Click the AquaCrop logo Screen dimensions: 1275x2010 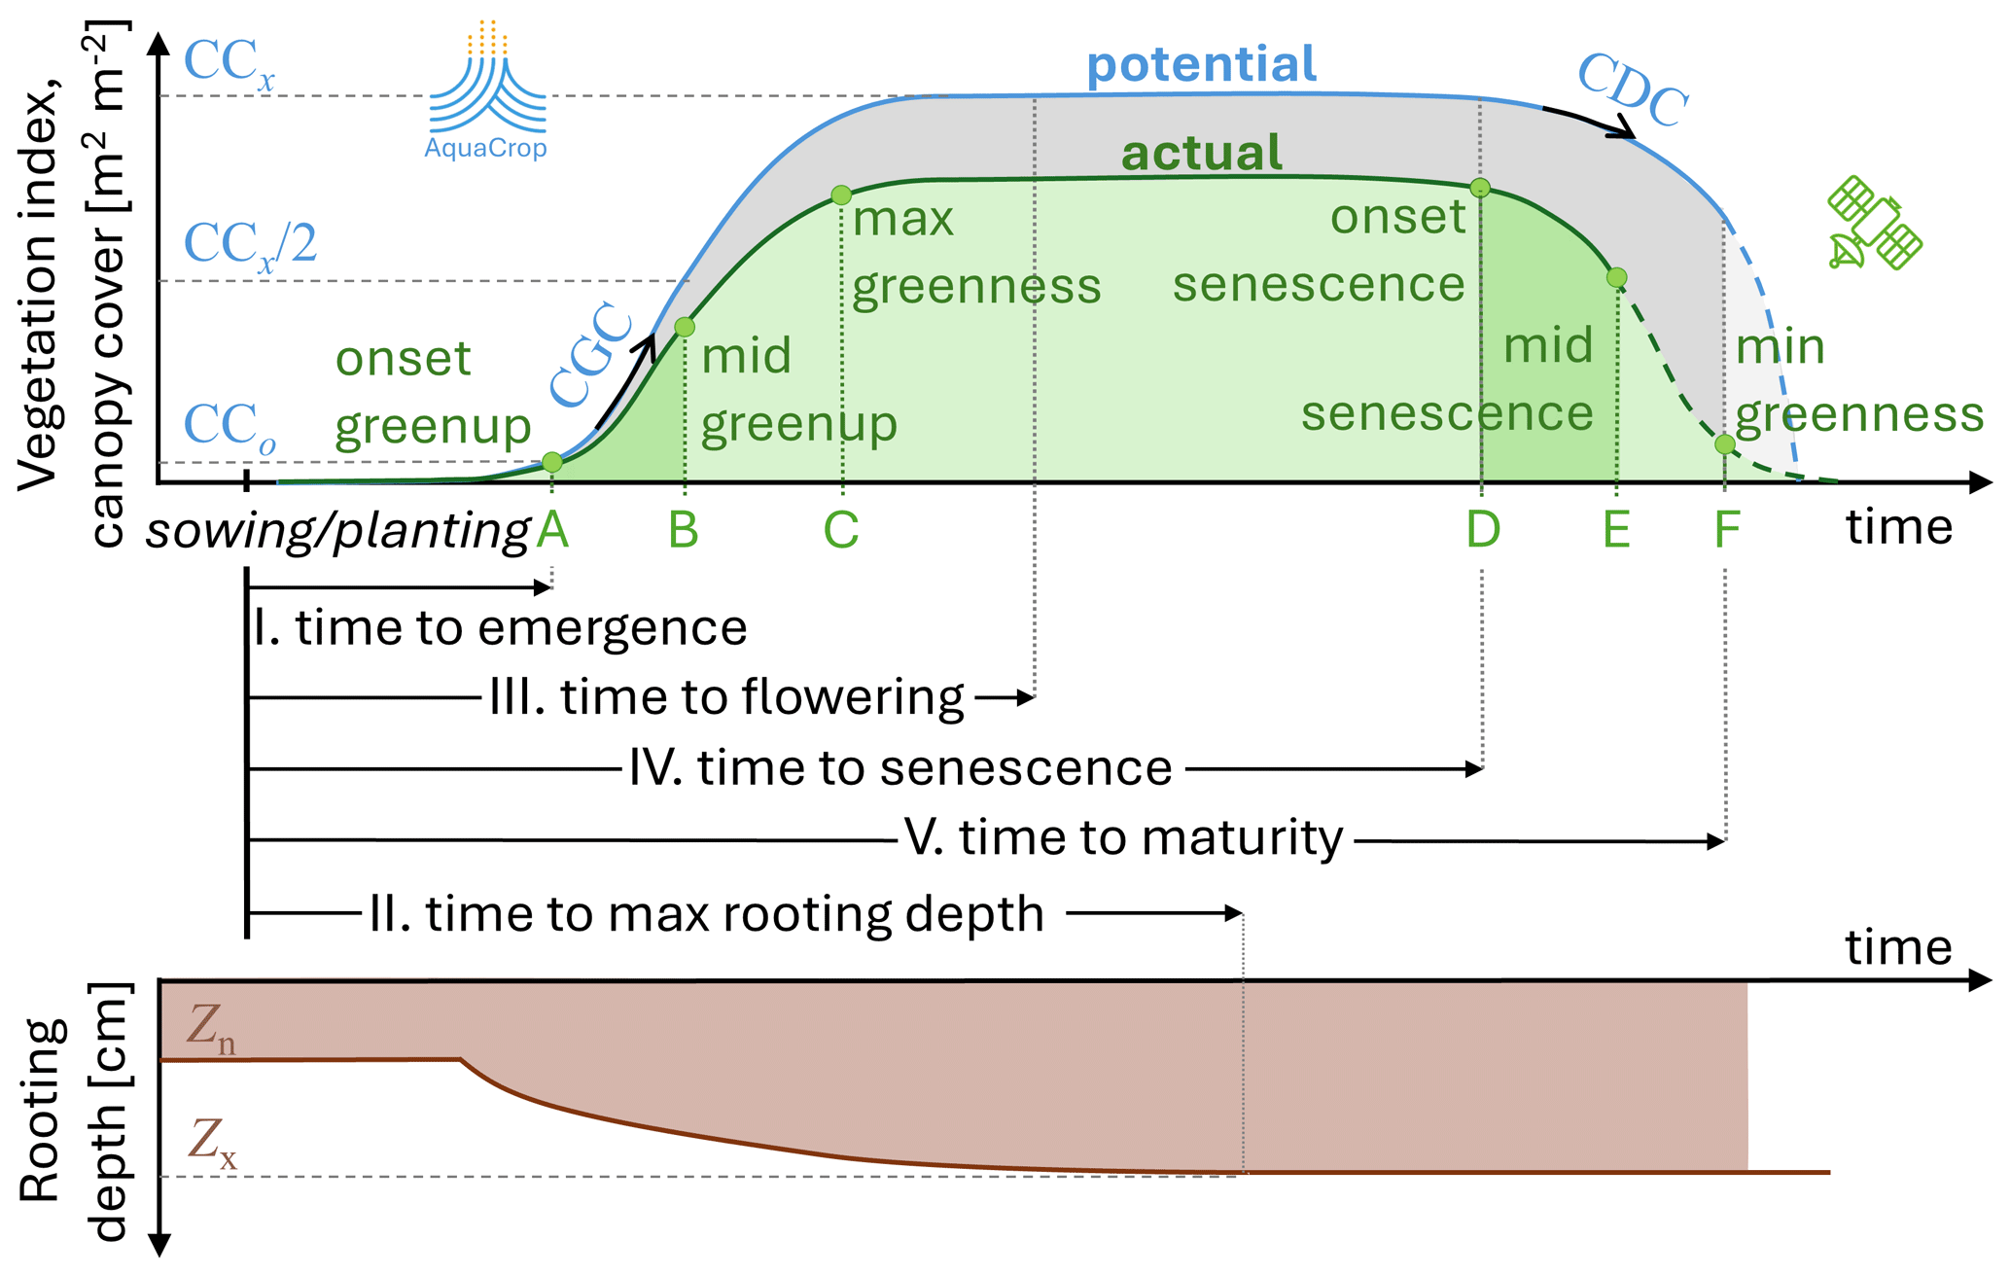pyautogui.click(x=486, y=92)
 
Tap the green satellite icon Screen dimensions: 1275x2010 pyautogui.click(x=1874, y=223)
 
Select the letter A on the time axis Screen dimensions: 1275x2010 pyautogui.click(x=552, y=530)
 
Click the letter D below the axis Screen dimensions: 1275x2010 pyautogui.click(x=1483, y=530)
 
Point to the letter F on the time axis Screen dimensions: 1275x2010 pyautogui.click(x=1726, y=530)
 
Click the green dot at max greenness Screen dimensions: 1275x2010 pyautogui.click(x=841, y=195)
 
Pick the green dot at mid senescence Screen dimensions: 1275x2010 pyautogui.click(x=1616, y=278)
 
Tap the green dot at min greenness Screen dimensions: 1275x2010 pyautogui.click(x=1724, y=444)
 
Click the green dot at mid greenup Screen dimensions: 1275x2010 pyautogui.click(x=685, y=327)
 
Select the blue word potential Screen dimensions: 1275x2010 pyautogui.click(x=1201, y=65)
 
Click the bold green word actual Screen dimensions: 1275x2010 pyautogui.click(x=1201, y=154)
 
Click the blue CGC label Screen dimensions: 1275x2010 pyautogui.click(x=590, y=356)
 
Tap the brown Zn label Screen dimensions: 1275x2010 pyautogui.click(x=210, y=1027)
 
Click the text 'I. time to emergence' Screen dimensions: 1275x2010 pyautogui.click(x=500, y=627)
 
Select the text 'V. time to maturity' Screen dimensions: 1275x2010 pyautogui.click(x=1123, y=837)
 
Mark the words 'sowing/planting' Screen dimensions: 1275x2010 pyautogui.click(x=336, y=532)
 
